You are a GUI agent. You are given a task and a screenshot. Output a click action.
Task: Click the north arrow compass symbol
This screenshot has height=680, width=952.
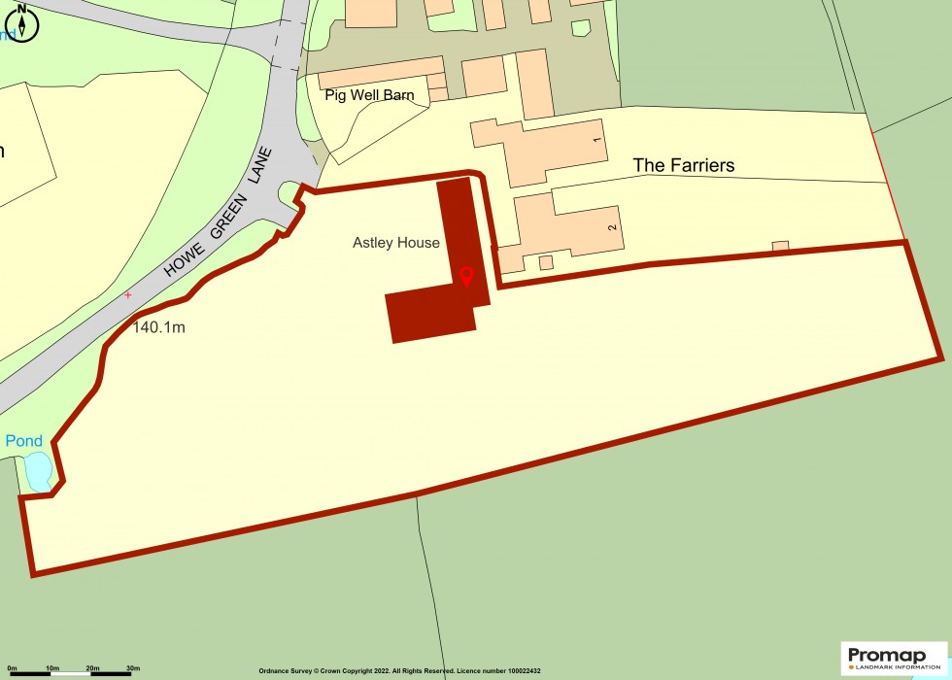click(21, 21)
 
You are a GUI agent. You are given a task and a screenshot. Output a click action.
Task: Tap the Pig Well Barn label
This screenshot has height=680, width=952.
click(370, 95)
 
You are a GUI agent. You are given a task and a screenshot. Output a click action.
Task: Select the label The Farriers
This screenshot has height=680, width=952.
click(683, 165)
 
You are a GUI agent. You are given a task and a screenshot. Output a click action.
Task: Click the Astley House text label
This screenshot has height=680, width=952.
click(395, 243)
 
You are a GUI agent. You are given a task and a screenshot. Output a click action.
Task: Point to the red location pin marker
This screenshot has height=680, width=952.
click(466, 277)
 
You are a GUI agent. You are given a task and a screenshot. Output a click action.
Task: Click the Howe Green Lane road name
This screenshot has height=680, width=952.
click(221, 214)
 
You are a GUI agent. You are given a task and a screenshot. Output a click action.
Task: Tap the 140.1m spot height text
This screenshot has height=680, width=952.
click(158, 327)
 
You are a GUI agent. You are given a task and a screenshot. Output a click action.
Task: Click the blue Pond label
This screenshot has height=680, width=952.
click(24, 441)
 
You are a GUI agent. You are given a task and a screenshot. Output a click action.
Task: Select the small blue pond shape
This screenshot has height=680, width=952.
click(37, 472)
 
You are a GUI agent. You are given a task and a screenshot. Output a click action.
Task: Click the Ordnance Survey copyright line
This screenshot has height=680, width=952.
click(399, 671)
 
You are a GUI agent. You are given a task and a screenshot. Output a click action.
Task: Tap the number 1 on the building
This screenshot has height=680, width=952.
click(597, 142)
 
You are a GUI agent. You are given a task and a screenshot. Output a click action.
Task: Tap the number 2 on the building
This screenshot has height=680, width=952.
click(612, 226)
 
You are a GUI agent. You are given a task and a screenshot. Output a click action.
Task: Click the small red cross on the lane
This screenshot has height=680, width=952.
click(127, 294)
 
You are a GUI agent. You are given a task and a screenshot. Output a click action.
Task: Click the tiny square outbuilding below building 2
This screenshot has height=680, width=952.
click(546, 262)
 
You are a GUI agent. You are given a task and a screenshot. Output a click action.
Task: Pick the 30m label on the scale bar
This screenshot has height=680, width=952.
click(133, 668)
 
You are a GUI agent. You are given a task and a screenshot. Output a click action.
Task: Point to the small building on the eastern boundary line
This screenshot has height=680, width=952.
click(780, 246)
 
